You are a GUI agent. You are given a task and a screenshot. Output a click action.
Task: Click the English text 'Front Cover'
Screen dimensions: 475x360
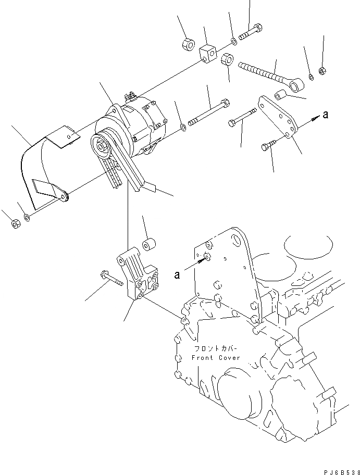pos(216,358)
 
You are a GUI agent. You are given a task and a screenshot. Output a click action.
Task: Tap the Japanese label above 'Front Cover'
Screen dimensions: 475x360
pos(216,349)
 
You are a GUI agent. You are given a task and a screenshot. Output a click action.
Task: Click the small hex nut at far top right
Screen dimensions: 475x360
pos(322,69)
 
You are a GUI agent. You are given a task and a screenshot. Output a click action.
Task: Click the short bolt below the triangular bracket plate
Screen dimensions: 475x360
pos(267,148)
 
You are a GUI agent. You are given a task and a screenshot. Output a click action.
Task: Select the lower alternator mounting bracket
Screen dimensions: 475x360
pos(138,276)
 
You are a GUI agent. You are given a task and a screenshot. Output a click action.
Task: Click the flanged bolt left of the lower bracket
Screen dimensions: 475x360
pos(110,277)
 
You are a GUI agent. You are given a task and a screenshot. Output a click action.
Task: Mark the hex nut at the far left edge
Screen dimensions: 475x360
pos(15,224)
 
